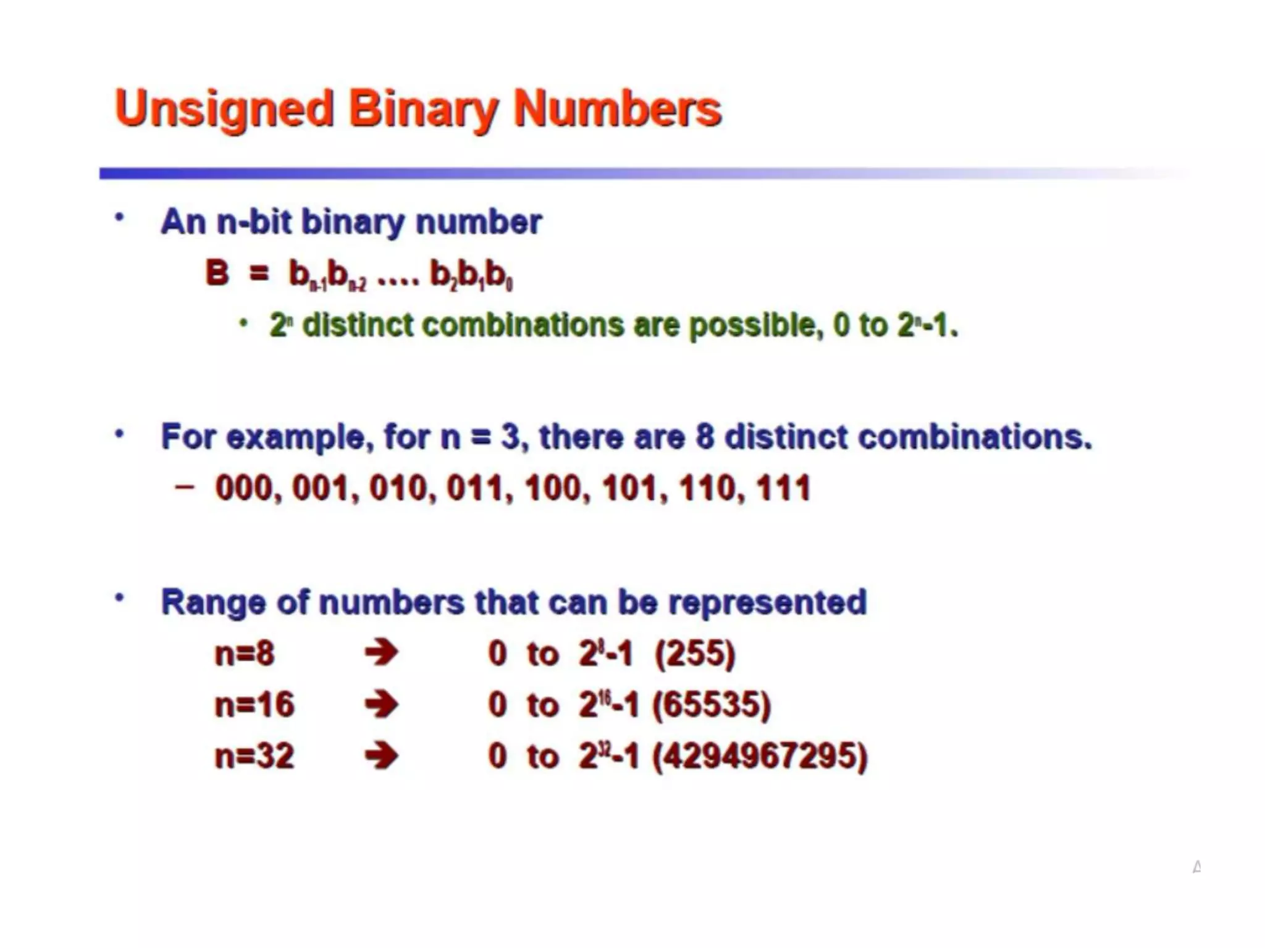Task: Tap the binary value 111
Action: click(x=783, y=488)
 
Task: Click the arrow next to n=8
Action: click(x=381, y=653)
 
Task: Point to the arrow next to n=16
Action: click(x=381, y=705)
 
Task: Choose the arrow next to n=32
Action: click(x=381, y=756)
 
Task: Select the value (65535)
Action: click(x=712, y=705)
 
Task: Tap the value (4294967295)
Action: click(x=760, y=756)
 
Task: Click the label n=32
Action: click(x=254, y=756)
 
